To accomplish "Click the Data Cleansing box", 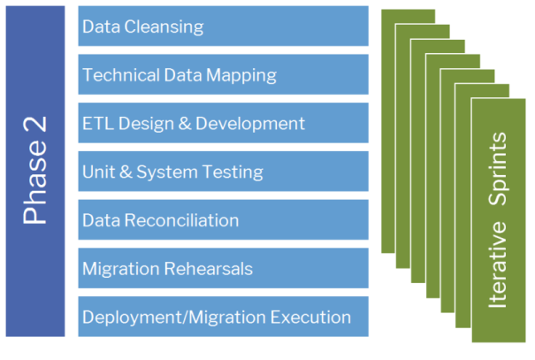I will tap(223, 27).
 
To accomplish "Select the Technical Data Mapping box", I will tap(223, 75).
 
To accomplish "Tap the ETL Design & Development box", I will tap(223, 123).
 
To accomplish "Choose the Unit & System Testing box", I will tap(223, 172).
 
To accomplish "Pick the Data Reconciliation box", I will tap(223, 220).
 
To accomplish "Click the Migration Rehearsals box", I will tap(223, 268).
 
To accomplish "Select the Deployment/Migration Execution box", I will tap(223, 317).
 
